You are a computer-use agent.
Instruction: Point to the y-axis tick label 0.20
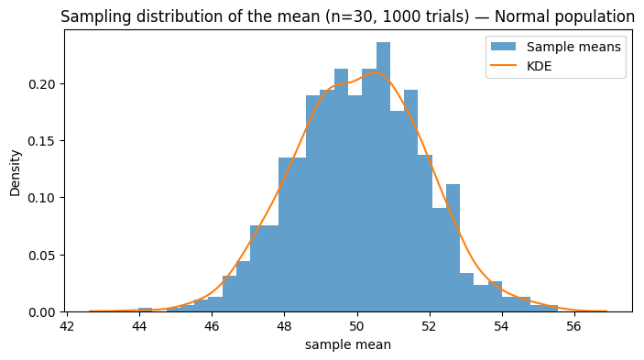[41, 84]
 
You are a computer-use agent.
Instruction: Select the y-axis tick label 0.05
[41, 255]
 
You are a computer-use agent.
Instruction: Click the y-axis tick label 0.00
[41, 312]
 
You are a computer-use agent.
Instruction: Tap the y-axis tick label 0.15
[41, 141]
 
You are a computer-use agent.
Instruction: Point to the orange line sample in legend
[504, 67]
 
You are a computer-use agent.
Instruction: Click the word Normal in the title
[508, 16]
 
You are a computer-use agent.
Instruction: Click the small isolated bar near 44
[146, 311]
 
